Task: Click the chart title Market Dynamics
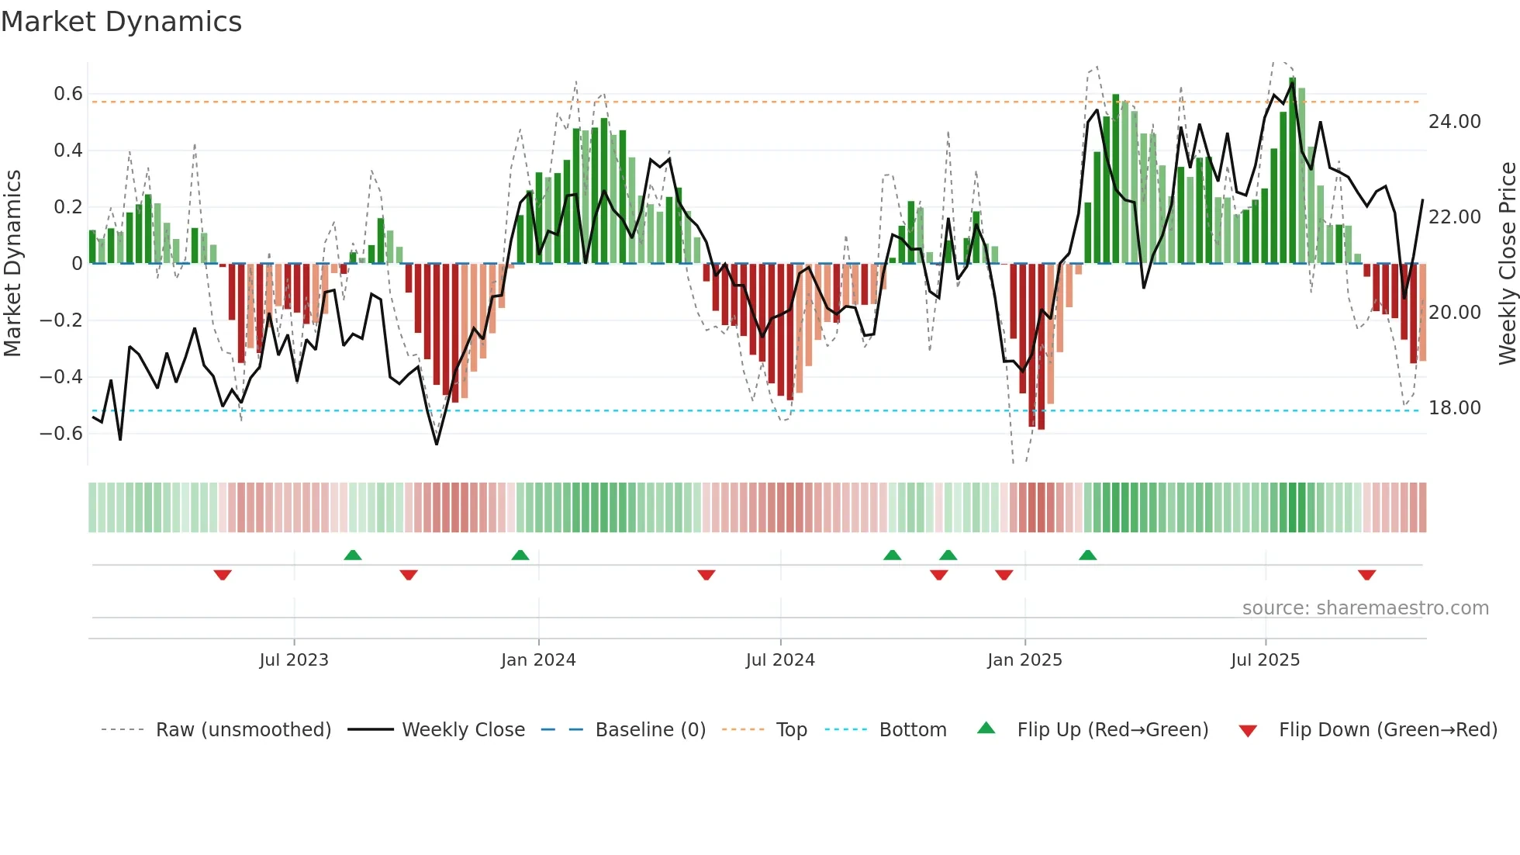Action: (x=121, y=22)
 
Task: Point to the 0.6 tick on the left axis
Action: (x=68, y=94)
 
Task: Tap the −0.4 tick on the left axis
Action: (x=61, y=377)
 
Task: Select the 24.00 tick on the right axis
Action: (x=1454, y=122)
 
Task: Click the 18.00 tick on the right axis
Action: (x=1454, y=408)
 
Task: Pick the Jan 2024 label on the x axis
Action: (x=538, y=660)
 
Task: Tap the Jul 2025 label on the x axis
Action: (x=1265, y=660)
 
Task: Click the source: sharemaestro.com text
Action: (x=1365, y=608)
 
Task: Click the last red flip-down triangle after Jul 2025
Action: (x=1366, y=575)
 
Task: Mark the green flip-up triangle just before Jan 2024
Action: (x=520, y=556)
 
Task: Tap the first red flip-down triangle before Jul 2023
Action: (x=223, y=575)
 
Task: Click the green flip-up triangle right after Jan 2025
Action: (x=1087, y=556)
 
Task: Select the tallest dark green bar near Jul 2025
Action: (x=1292, y=171)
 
